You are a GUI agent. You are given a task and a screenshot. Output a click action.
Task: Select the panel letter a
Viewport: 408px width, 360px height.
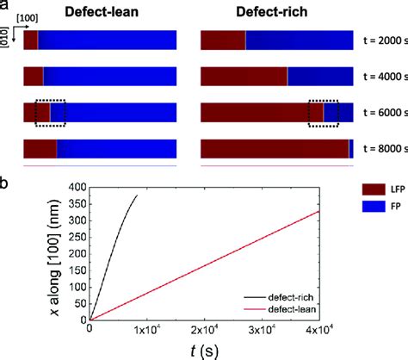[5, 5]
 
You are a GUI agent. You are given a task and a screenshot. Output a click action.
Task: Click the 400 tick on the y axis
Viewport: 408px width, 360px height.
[77, 187]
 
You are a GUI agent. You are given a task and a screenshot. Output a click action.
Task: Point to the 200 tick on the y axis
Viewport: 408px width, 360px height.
[77, 253]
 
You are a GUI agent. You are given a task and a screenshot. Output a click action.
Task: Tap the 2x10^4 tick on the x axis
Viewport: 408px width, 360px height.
[204, 331]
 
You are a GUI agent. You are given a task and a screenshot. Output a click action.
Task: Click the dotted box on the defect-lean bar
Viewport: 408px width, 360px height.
[50, 113]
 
